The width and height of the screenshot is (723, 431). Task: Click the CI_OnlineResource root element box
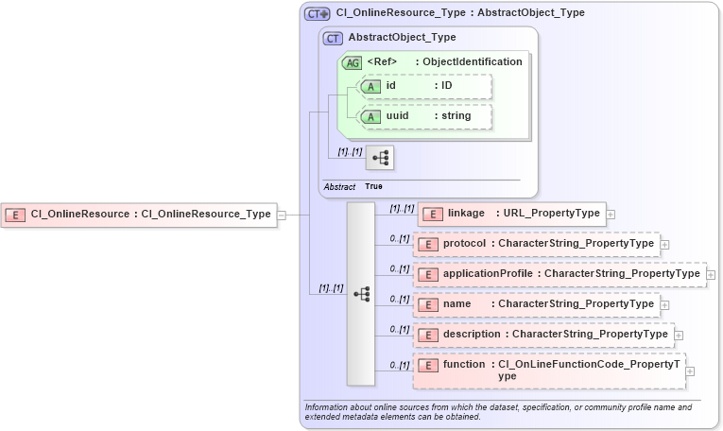point(139,215)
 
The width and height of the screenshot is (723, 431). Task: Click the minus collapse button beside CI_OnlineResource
point(281,215)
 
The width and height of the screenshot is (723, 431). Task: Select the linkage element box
point(511,214)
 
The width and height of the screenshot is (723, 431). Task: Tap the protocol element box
point(537,244)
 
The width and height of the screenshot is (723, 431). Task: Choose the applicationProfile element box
point(560,274)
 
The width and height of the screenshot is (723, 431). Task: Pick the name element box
point(537,304)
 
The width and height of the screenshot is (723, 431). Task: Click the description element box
point(543,335)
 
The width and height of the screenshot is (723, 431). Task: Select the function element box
point(549,371)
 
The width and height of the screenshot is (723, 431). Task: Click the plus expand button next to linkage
point(611,215)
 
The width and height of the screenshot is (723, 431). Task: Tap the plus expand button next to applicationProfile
point(711,275)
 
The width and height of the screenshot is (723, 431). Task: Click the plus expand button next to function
point(690,371)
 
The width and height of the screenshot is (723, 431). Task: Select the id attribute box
point(424,86)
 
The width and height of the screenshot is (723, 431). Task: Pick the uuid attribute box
point(424,116)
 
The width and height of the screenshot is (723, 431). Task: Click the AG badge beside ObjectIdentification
point(352,62)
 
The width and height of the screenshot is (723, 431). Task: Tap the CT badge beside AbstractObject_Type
point(333,38)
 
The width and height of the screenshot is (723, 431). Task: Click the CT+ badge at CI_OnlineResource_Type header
point(317,13)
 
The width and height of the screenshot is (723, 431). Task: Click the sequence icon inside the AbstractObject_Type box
point(380,157)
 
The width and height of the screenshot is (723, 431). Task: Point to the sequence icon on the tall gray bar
point(361,294)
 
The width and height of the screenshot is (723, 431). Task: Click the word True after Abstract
point(373,187)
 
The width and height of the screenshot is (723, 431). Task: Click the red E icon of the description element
point(428,335)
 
